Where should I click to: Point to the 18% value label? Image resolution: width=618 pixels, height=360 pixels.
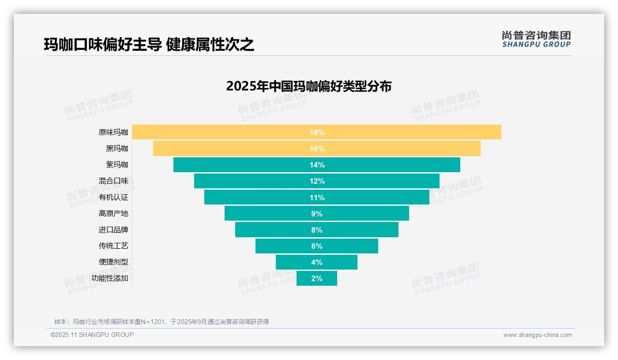click(x=317, y=132)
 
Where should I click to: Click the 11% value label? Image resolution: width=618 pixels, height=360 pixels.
click(x=317, y=198)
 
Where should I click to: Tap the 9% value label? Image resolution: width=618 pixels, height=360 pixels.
click(x=317, y=214)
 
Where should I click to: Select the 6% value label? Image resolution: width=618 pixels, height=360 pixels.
click(x=317, y=246)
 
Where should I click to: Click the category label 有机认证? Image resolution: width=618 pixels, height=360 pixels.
click(x=113, y=198)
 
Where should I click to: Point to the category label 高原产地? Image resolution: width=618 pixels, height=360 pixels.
click(x=113, y=214)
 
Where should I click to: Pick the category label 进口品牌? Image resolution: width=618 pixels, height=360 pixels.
click(x=113, y=230)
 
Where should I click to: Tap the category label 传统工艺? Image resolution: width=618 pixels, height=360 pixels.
click(x=113, y=246)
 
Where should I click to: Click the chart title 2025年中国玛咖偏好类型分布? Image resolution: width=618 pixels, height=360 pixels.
click(x=309, y=86)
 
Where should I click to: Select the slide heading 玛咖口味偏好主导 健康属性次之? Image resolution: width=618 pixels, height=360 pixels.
click(x=149, y=44)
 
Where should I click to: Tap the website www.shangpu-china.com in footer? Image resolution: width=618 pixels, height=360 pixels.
click(x=537, y=335)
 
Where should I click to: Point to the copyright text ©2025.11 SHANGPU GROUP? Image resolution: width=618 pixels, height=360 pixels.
click(x=92, y=335)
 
